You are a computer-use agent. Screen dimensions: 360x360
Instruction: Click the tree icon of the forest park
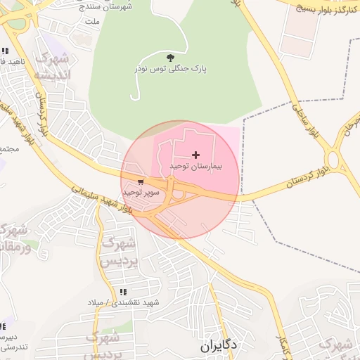point(169,58)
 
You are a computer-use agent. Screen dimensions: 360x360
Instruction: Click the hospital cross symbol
point(195,155)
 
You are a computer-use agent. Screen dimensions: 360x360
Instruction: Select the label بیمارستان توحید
point(195,167)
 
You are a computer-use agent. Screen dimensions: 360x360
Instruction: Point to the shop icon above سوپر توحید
point(141,182)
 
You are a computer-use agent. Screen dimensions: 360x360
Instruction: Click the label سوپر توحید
point(141,192)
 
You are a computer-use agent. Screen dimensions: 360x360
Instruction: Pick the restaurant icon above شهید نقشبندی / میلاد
point(124,292)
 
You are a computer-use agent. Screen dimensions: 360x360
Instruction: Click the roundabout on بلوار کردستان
point(333,161)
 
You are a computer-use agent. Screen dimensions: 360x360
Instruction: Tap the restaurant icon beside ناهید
point(5,51)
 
